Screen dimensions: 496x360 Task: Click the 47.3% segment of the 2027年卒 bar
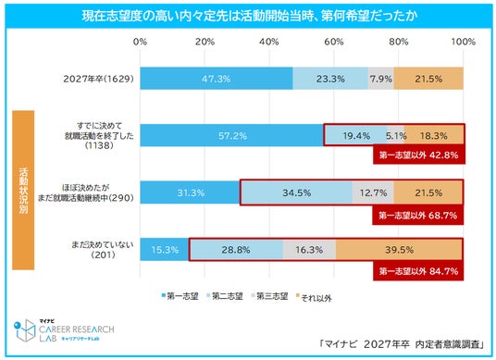click(x=217, y=79)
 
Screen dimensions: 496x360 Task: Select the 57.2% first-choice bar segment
click(x=232, y=136)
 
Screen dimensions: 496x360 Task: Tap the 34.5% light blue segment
click(x=296, y=192)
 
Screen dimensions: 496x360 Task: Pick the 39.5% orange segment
click(x=399, y=250)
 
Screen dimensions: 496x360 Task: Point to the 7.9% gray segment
click(x=381, y=79)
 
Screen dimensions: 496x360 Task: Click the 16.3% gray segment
click(x=309, y=250)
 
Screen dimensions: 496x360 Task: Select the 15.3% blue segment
click(x=165, y=250)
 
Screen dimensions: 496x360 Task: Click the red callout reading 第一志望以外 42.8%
click(x=419, y=155)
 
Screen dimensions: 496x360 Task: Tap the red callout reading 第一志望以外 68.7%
click(x=418, y=216)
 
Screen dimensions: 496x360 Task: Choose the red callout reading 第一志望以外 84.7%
click(x=418, y=271)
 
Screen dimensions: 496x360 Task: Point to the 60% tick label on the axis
click(x=334, y=42)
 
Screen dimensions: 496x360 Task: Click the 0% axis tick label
click(x=140, y=42)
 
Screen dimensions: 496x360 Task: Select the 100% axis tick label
click(x=464, y=42)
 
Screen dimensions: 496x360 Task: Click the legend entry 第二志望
click(x=225, y=296)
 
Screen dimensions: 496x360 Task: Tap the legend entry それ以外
click(x=314, y=297)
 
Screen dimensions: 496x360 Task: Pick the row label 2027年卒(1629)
click(x=99, y=79)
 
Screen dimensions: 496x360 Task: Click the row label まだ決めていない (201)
click(x=103, y=250)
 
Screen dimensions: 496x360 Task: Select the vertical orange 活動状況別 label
click(x=23, y=190)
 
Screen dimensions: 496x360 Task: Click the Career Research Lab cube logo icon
click(x=25, y=330)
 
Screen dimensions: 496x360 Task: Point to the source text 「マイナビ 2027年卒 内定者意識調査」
click(x=402, y=344)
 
